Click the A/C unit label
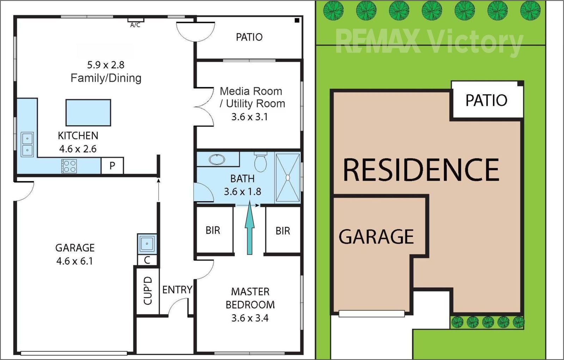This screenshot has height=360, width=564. pyautogui.click(x=135, y=25)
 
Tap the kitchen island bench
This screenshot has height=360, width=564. pyautogui.click(x=88, y=112)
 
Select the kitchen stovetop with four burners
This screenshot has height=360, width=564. pyautogui.click(x=69, y=166)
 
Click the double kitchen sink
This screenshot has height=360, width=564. pyautogui.click(x=27, y=145)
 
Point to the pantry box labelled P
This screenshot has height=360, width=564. pyautogui.click(x=112, y=165)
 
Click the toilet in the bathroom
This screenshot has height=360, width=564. pyautogui.click(x=260, y=162)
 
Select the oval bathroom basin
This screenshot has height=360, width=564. pyautogui.click(x=217, y=159)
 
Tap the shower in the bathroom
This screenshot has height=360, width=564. pyautogui.click(x=288, y=178)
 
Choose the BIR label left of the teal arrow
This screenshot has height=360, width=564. pyautogui.click(x=213, y=230)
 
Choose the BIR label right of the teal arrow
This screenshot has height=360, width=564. pyautogui.click(x=283, y=231)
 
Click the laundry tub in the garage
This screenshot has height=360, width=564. pyautogui.click(x=147, y=244)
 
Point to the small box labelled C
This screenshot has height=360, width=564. pyautogui.click(x=147, y=260)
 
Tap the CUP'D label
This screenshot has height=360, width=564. pyautogui.click(x=148, y=291)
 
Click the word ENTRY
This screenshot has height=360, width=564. pyautogui.click(x=177, y=290)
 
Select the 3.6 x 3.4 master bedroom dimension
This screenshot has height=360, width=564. pyautogui.click(x=250, y=318)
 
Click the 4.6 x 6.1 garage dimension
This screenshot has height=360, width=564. pyautogui.click(x=74, y=261)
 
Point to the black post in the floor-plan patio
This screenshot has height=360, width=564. pyautogui.click(x=297, y=20)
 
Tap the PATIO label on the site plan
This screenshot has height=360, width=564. pyautogui.click(x=486, y=100)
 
